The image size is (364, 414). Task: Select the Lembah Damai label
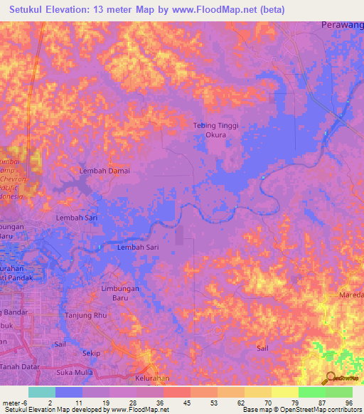(105, 171)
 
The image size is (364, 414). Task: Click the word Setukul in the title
(31, 9)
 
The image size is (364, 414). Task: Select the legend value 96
(349, 403)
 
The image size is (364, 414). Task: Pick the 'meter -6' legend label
(14, 403)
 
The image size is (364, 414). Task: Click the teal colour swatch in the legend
(41, 392)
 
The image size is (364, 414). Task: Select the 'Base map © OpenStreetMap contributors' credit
(301, 410)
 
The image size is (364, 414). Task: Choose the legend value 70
(268, 403)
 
